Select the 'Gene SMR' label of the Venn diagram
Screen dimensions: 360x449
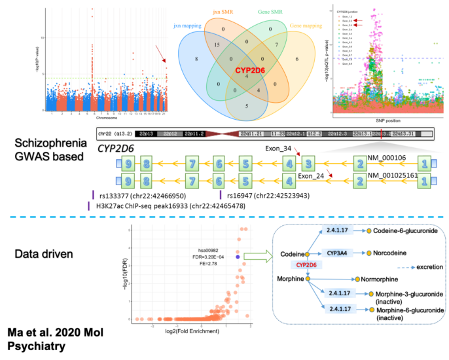pos(270,12)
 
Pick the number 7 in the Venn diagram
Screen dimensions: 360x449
pos(278,45)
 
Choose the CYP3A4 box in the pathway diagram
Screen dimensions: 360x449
pos(338,252)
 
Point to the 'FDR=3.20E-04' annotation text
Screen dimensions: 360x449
pos(213,257)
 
